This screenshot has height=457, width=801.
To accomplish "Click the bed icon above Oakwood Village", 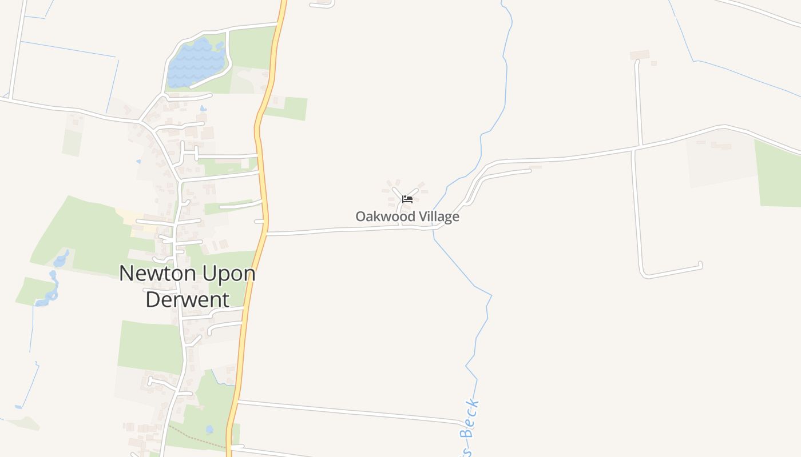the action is click(x=407, y=199).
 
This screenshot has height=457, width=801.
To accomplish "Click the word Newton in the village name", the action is click(x=150, y=273).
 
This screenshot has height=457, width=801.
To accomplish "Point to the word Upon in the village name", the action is click(x=228, y=274).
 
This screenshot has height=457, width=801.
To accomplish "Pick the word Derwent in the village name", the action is click(x=187, y=299).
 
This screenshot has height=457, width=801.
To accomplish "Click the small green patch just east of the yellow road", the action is click(x=289, y=108).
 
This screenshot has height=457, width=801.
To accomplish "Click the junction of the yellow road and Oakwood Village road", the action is click(x=265, y=232).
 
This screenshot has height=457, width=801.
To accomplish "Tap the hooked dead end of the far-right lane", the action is click(x=700, y=264).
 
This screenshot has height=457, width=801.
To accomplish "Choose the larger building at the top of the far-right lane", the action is click(x=640, y=55).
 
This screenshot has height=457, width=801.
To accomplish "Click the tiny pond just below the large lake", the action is click(x=203, y=108).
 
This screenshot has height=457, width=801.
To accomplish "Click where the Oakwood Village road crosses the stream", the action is click(x=434, y=228).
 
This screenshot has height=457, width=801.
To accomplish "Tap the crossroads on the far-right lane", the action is click(x=635, y=149).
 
